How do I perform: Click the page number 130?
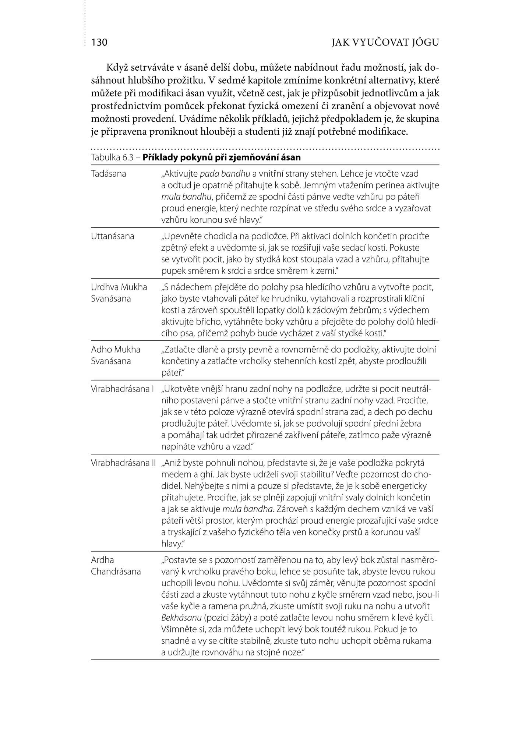99,43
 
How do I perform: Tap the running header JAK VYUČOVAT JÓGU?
385,43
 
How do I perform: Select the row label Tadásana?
109,174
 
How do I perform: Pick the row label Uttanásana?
113,236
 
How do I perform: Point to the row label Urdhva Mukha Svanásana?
119,293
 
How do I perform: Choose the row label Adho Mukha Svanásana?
116,355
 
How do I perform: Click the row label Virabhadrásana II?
123,463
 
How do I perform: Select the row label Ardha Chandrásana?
116,566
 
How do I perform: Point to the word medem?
175,474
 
